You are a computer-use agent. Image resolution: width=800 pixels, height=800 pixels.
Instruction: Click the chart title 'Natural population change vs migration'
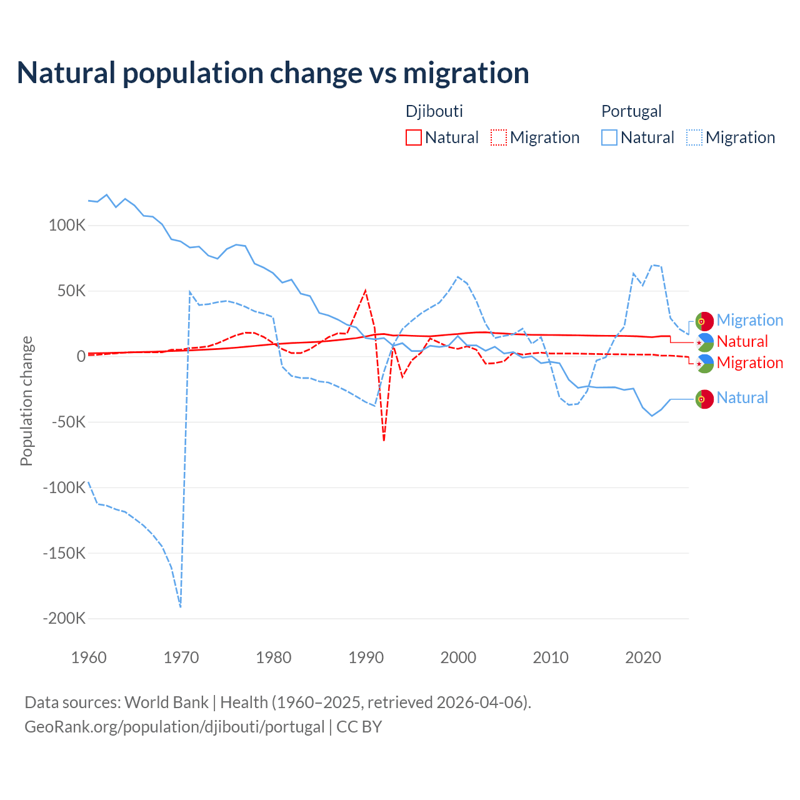pos(273,73)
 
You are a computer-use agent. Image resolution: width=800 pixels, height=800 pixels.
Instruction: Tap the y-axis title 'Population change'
pos(26,401)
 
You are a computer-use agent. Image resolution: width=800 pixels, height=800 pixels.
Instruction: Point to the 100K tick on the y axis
pos(67,226)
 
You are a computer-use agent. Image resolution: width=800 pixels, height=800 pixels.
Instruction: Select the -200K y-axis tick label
pos(64,619)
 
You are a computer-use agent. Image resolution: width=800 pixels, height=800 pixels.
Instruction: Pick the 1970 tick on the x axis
pos(181,657)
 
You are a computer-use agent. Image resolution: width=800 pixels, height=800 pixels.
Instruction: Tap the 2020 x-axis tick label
pos(643,657)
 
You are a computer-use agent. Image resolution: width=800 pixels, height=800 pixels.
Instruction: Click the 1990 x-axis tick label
pos(366,657)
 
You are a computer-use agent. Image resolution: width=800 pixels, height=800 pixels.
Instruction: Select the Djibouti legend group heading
pos(434,111)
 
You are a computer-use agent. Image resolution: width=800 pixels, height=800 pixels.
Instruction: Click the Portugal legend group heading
pos(631,111)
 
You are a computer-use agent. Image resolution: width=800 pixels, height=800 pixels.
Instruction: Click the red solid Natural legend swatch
pos(414,137)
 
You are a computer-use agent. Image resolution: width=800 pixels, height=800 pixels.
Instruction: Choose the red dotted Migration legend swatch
pos(499,137)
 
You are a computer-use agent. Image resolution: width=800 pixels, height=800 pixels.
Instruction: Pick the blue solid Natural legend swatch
pos(609,137)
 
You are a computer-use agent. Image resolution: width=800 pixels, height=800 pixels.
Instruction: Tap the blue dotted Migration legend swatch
pos(694,137)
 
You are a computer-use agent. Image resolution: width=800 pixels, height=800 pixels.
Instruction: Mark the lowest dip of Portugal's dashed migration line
pos(181,606)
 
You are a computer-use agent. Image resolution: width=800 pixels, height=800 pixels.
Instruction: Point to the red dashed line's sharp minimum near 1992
pos(384,441)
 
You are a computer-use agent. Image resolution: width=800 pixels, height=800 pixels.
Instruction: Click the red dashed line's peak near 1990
pos(366,291)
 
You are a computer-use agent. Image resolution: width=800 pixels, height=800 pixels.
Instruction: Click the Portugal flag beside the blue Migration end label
pos(704,321)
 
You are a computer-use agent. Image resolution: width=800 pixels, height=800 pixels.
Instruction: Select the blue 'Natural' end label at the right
pos(742,397)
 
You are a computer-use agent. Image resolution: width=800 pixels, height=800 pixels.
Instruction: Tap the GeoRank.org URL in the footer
pos(174,727)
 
